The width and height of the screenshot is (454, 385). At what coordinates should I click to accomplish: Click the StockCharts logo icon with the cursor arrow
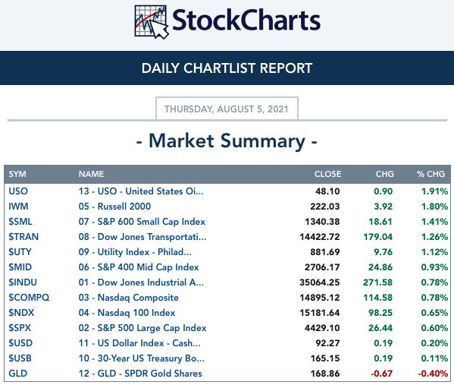[x=152, y=22]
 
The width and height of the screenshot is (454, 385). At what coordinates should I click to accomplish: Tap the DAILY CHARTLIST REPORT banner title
[x=227, y=68]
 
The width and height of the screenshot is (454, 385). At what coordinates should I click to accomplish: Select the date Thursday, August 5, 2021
[x=227, y=109]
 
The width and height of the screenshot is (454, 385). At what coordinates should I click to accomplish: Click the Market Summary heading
[x=227, y=141]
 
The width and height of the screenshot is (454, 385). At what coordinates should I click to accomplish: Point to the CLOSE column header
[x=327, y=174]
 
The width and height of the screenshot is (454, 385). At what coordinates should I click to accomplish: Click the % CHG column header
[x=431, y=174]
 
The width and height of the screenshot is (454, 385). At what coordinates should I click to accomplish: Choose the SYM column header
[x=17, y=174]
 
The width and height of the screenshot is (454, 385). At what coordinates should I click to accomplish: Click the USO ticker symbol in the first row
[x=18, y=191]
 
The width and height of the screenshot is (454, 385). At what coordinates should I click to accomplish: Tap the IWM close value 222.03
[x=325, y=207]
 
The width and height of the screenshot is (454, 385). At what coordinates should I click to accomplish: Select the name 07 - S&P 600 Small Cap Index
[x=142, y=222]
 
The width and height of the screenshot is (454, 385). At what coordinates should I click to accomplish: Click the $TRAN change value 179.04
[x=378, y=237]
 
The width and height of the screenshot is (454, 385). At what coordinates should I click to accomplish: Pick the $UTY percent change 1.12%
[x=434, y=252]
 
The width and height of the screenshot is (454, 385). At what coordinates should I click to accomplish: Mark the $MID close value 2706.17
[x=322, y=267]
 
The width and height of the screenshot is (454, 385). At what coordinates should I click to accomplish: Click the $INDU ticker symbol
[x=23, y=282]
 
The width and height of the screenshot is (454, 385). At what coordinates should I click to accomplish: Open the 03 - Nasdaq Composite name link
[x=129, y=298]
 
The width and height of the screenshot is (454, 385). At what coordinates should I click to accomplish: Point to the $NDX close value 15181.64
[x=320, y=313]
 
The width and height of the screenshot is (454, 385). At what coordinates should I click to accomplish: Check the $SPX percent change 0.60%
[x=434, y=328]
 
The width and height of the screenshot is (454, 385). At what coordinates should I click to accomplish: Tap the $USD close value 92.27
[x=327, y=343]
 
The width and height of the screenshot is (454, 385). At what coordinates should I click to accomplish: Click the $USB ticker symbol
[x=20, y=358]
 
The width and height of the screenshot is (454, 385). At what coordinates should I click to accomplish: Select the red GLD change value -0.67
[x=381, y=374]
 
